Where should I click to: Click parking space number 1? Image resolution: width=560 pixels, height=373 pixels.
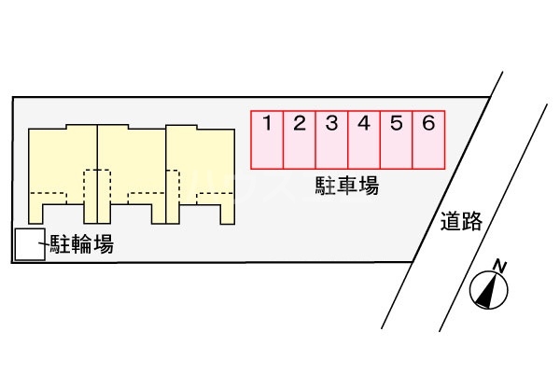point(267,141)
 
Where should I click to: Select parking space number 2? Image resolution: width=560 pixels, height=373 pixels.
point(300,141)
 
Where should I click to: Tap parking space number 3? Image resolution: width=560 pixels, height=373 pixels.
point(331,141)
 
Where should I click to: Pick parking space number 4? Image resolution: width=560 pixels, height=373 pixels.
point(364,141)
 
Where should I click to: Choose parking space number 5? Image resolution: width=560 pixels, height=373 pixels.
point(396,141)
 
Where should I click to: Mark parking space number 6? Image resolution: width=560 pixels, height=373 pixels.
point(428,141)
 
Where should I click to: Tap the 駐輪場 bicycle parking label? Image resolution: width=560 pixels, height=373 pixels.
point(82,245)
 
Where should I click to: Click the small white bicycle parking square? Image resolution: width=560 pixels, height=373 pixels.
point(29,245)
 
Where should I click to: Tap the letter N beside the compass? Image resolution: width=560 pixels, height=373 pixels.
point(500,267)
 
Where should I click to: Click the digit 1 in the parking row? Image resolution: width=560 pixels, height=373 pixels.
point(267,123)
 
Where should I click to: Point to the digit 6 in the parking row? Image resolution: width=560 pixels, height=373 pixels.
point(428,123)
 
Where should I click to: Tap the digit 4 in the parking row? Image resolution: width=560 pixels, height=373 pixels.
point(364,123)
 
